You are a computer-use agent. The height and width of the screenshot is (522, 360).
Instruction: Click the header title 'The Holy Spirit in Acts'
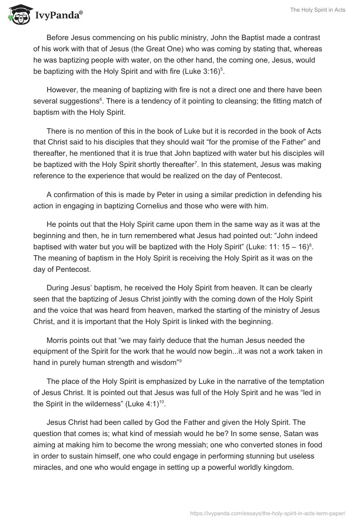318,10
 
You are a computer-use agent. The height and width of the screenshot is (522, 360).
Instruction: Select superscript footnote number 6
88,99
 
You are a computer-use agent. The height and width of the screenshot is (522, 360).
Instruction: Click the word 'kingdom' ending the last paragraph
278,468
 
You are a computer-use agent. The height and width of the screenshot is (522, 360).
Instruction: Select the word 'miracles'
49,468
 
